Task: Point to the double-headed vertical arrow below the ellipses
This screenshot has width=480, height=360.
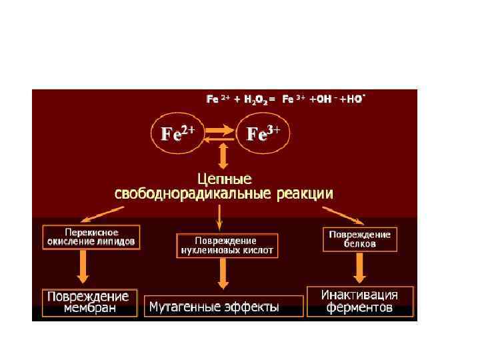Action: point(223,157)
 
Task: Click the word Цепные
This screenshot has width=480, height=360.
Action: point(225,179)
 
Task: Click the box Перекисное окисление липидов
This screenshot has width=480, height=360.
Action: point(92,237)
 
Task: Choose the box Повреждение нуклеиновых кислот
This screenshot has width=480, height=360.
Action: point(227,246)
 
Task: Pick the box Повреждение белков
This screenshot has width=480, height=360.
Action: point(359,239)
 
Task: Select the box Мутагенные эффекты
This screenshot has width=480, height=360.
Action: point(224,307)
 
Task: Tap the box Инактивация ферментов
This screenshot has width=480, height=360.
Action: point(359,301)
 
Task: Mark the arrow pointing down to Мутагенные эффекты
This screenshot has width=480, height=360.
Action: point(224,273)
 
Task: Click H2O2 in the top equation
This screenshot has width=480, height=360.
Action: point(255,99)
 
